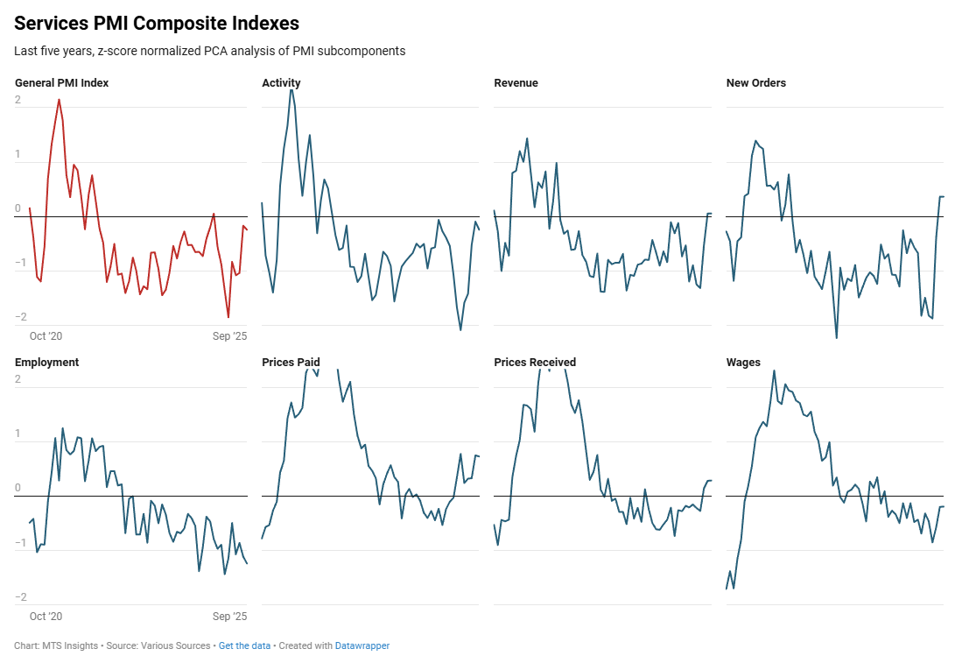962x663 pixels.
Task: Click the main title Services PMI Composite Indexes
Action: (157, 24)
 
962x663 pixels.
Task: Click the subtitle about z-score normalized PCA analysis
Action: (209, 51)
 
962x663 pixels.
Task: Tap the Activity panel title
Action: (281, 83)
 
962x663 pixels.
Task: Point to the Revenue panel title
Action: (516, 83)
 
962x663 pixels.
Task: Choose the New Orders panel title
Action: (756, 83)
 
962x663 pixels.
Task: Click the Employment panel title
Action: (46, 363)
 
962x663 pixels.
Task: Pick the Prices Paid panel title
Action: (291, 363)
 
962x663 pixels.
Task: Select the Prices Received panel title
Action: (535, 363)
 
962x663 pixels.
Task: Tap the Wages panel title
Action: (743, 363)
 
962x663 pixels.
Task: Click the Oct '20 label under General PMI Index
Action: (46, 336)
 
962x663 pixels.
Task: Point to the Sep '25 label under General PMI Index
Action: (230, 336)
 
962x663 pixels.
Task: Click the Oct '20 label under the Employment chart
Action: (46, 617)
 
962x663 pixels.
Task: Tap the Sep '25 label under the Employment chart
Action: (230, 617)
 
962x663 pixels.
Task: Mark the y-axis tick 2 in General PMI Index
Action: (18, 100)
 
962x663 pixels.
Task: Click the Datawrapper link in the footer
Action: (362, 646)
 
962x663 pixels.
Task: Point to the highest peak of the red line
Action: (59, 99)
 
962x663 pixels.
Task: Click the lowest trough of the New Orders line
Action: (836, 338)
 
